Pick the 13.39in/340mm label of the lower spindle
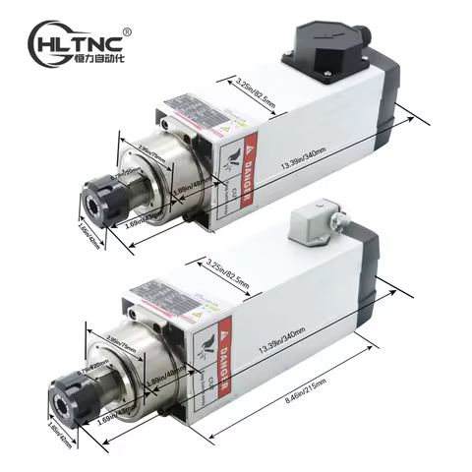282,345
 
